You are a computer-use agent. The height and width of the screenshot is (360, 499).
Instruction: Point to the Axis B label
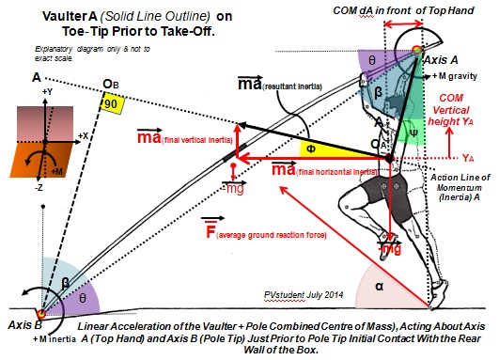click(19, 324)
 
